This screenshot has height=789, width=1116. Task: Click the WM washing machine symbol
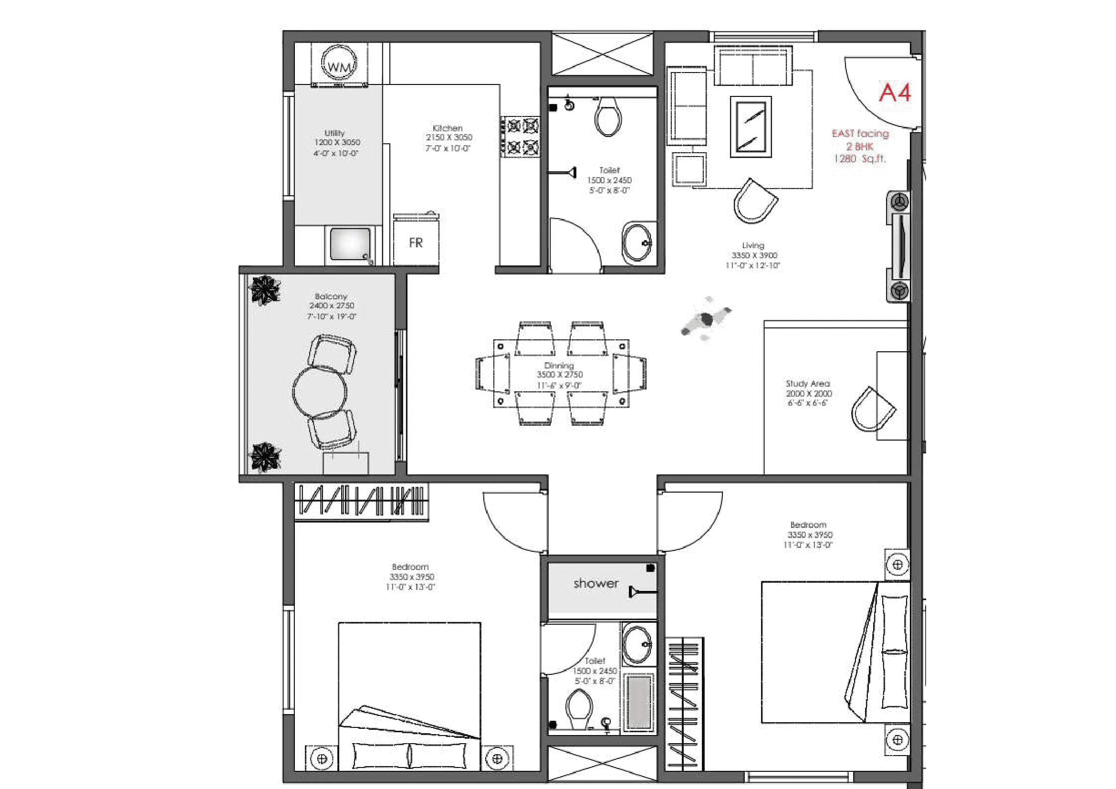[339, 63]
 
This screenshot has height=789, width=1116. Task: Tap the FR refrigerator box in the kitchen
[416, 242]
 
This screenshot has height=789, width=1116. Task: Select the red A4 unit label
[895, 93]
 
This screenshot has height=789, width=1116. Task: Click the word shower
[596, 583]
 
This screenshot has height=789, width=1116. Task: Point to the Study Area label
[808, 384]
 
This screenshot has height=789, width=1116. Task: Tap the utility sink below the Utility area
[350, 244]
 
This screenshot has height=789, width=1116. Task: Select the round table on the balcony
[320, 392]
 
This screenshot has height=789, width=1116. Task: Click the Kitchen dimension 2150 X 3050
[448, 137]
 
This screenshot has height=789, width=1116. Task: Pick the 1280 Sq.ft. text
[859, 159]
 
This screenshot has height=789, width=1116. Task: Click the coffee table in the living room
[751, 127]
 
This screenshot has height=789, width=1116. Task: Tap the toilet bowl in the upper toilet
[608, 117]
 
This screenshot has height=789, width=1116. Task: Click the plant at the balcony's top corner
[264, 290]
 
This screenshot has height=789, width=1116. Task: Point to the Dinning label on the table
[559, 366]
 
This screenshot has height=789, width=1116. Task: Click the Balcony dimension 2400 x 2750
[332, 306]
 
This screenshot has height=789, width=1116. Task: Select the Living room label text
[753, 245]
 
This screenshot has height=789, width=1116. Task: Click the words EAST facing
[860, 134]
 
